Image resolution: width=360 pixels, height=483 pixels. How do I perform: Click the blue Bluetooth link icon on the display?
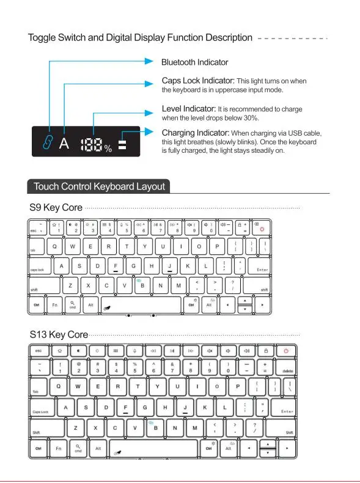(x=46, y=142)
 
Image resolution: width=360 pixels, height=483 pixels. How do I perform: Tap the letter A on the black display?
(x=64, y=143)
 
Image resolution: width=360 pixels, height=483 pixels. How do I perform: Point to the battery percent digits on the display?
(x=90, y=142)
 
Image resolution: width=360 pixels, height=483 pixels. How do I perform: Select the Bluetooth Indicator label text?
(x=194, y=62)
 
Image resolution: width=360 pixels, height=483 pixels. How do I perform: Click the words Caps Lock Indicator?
(x=198, y=81)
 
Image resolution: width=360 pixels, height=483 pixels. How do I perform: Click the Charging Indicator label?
(x=196, y=133)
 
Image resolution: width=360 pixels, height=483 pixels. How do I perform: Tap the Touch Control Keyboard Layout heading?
(x=99, y=186)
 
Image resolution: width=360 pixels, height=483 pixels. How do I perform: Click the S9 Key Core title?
(x=56, y=208)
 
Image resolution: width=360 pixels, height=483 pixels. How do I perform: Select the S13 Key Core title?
(x=59, y=334)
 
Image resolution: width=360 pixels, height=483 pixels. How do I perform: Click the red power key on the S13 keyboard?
(x=286, y=351)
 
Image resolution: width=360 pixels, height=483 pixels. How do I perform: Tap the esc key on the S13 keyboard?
(x=39, y=351)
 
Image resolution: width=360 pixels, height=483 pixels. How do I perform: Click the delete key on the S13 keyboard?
(x=286, y=369)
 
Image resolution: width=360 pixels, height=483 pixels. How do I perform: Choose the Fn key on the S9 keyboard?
(x=54, y=304)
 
